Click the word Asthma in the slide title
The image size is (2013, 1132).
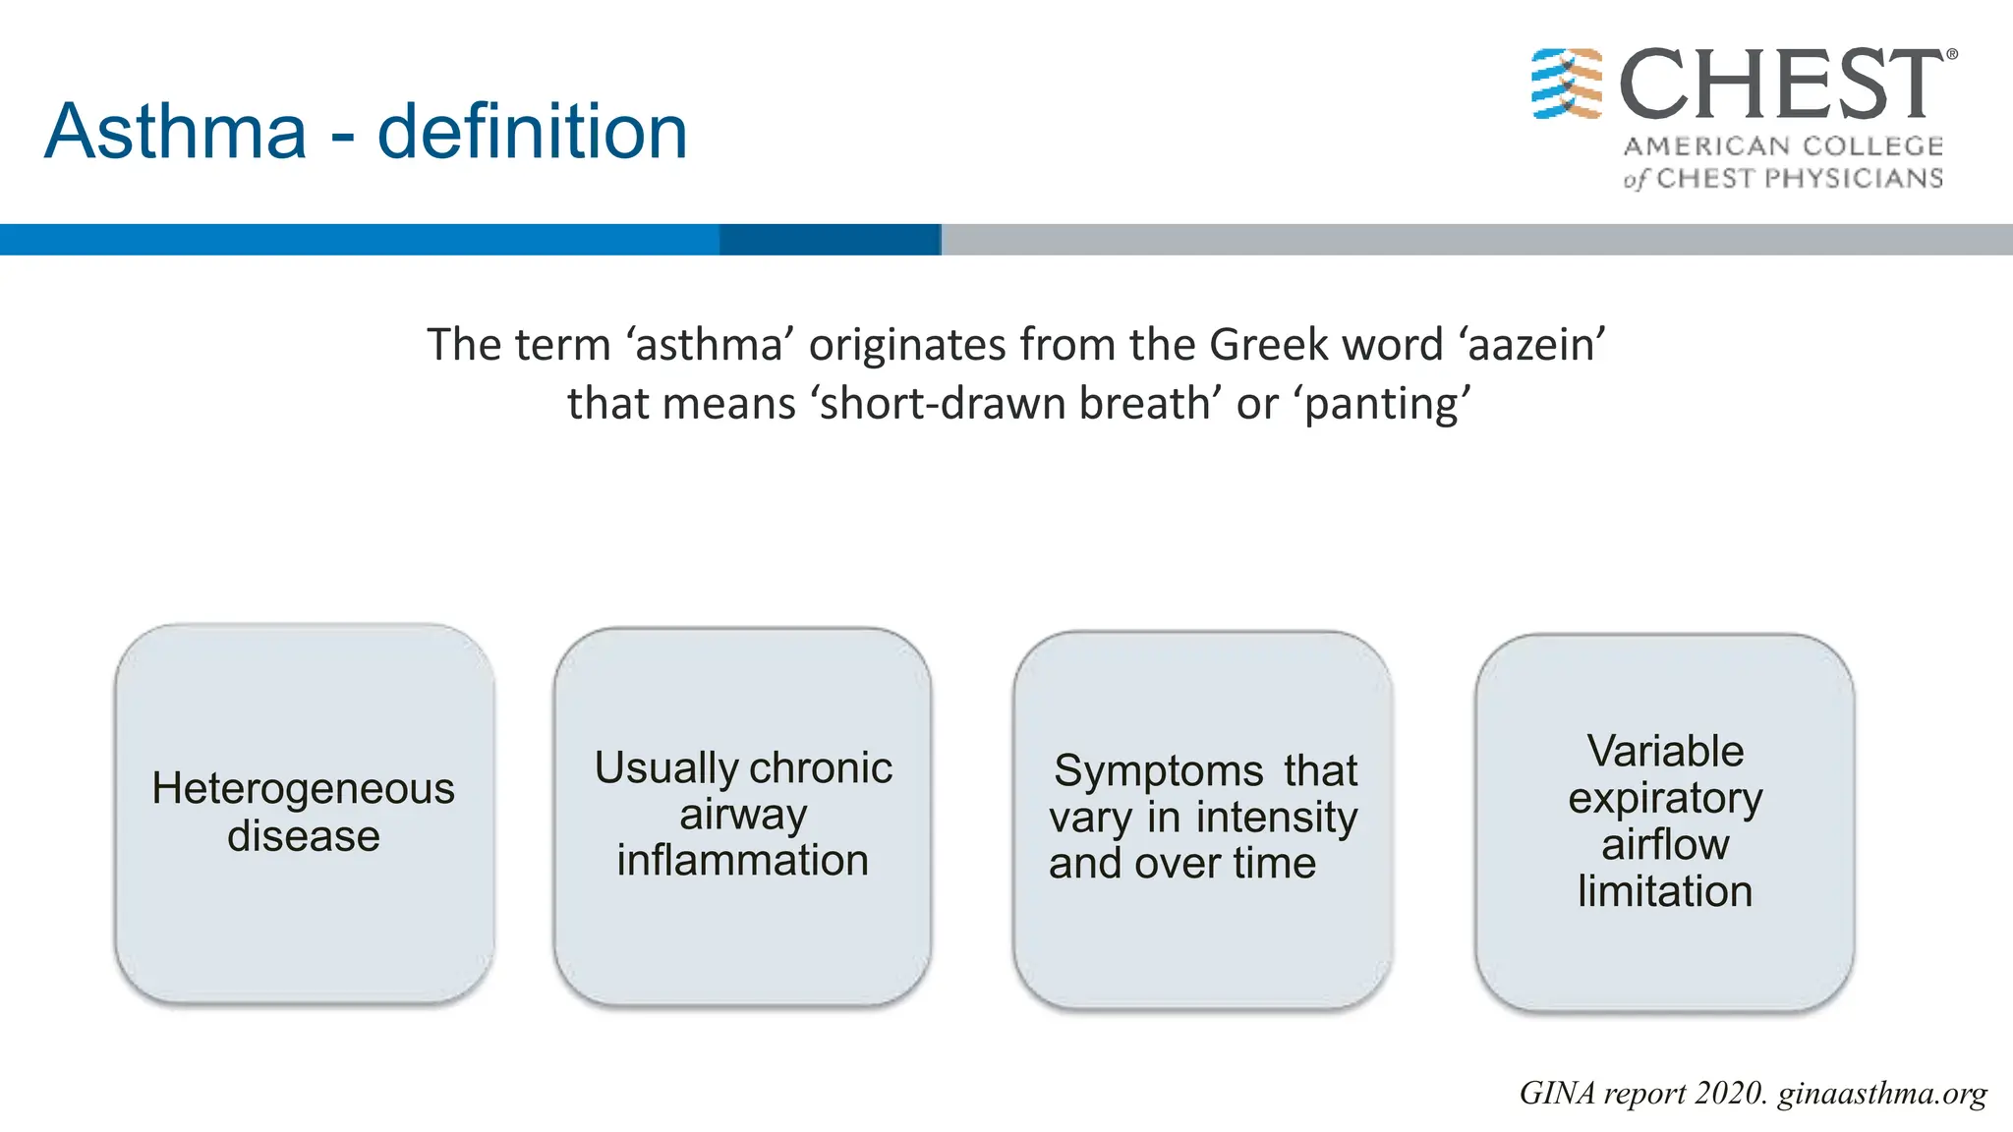click(176, 132)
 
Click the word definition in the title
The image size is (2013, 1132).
click(532, 132)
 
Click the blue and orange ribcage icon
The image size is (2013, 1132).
click(1567, 84)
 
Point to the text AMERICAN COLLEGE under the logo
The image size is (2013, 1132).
click(1783, 146)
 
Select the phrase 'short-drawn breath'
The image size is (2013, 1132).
click(1016, 404)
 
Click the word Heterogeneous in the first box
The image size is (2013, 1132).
click(304, 789)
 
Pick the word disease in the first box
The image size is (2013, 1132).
click(304, 836)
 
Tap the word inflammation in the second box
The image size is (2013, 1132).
click(743, 861)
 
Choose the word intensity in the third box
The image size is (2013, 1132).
click(1277, 818)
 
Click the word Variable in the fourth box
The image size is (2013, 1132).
click(1665, 752)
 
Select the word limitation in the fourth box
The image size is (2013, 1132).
click(1665, 891)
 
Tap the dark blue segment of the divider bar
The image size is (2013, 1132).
click(830, 240)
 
